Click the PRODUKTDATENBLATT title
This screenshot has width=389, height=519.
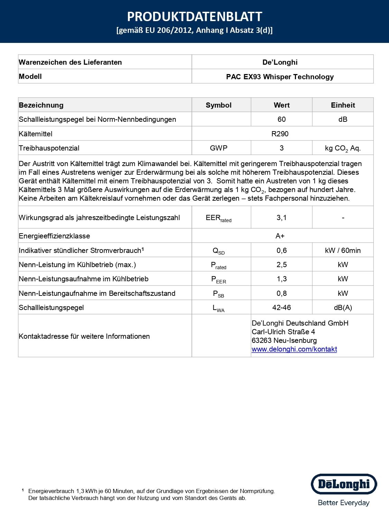pyautogui.click(x=194, y=17)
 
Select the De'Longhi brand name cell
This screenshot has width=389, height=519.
pyautogui.click(x=280, y=62)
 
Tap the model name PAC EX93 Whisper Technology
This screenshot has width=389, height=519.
pyautogui.click(x=280, y=77)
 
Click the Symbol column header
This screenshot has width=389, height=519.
pyautogui.click(x=219, y=105)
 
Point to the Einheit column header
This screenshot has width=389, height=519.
pyautogui.click(x=343, y=105)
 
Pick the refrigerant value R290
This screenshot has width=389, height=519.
pyautogui.click(x=280, y=134)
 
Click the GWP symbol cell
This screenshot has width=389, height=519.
pyautogui.click(x=219, y=148)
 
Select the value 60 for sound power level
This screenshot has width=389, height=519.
pyautogui.click(x=281, y=119)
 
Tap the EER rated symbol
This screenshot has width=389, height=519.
pyautogui.click(x=219, y=218)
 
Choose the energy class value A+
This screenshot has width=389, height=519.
pyautogui.click(x=280, y=236)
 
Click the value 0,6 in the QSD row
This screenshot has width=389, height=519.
pyautogui.click(x=281, y=251)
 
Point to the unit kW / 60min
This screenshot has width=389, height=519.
pyautogui.click(x=343, y=251)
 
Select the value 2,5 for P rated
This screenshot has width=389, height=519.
pyautogui.click(x=281, y=265)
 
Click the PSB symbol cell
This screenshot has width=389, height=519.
pyautogui.click(x=219, y=294)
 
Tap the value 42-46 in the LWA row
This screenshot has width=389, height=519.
pyautogui.click(x=281, y=308)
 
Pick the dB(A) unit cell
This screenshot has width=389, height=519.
pyautogui.click(x=343, y=308)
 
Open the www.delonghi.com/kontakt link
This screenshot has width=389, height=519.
pyautogui.click(x=294, y=349)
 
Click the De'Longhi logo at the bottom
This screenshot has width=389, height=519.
pyautogui.click(x=344, y=484)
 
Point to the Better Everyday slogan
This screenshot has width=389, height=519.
pyautogui.click(x=344, y=503)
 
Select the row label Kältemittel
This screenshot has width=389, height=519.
pyautogui.click(x=36, y=134)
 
